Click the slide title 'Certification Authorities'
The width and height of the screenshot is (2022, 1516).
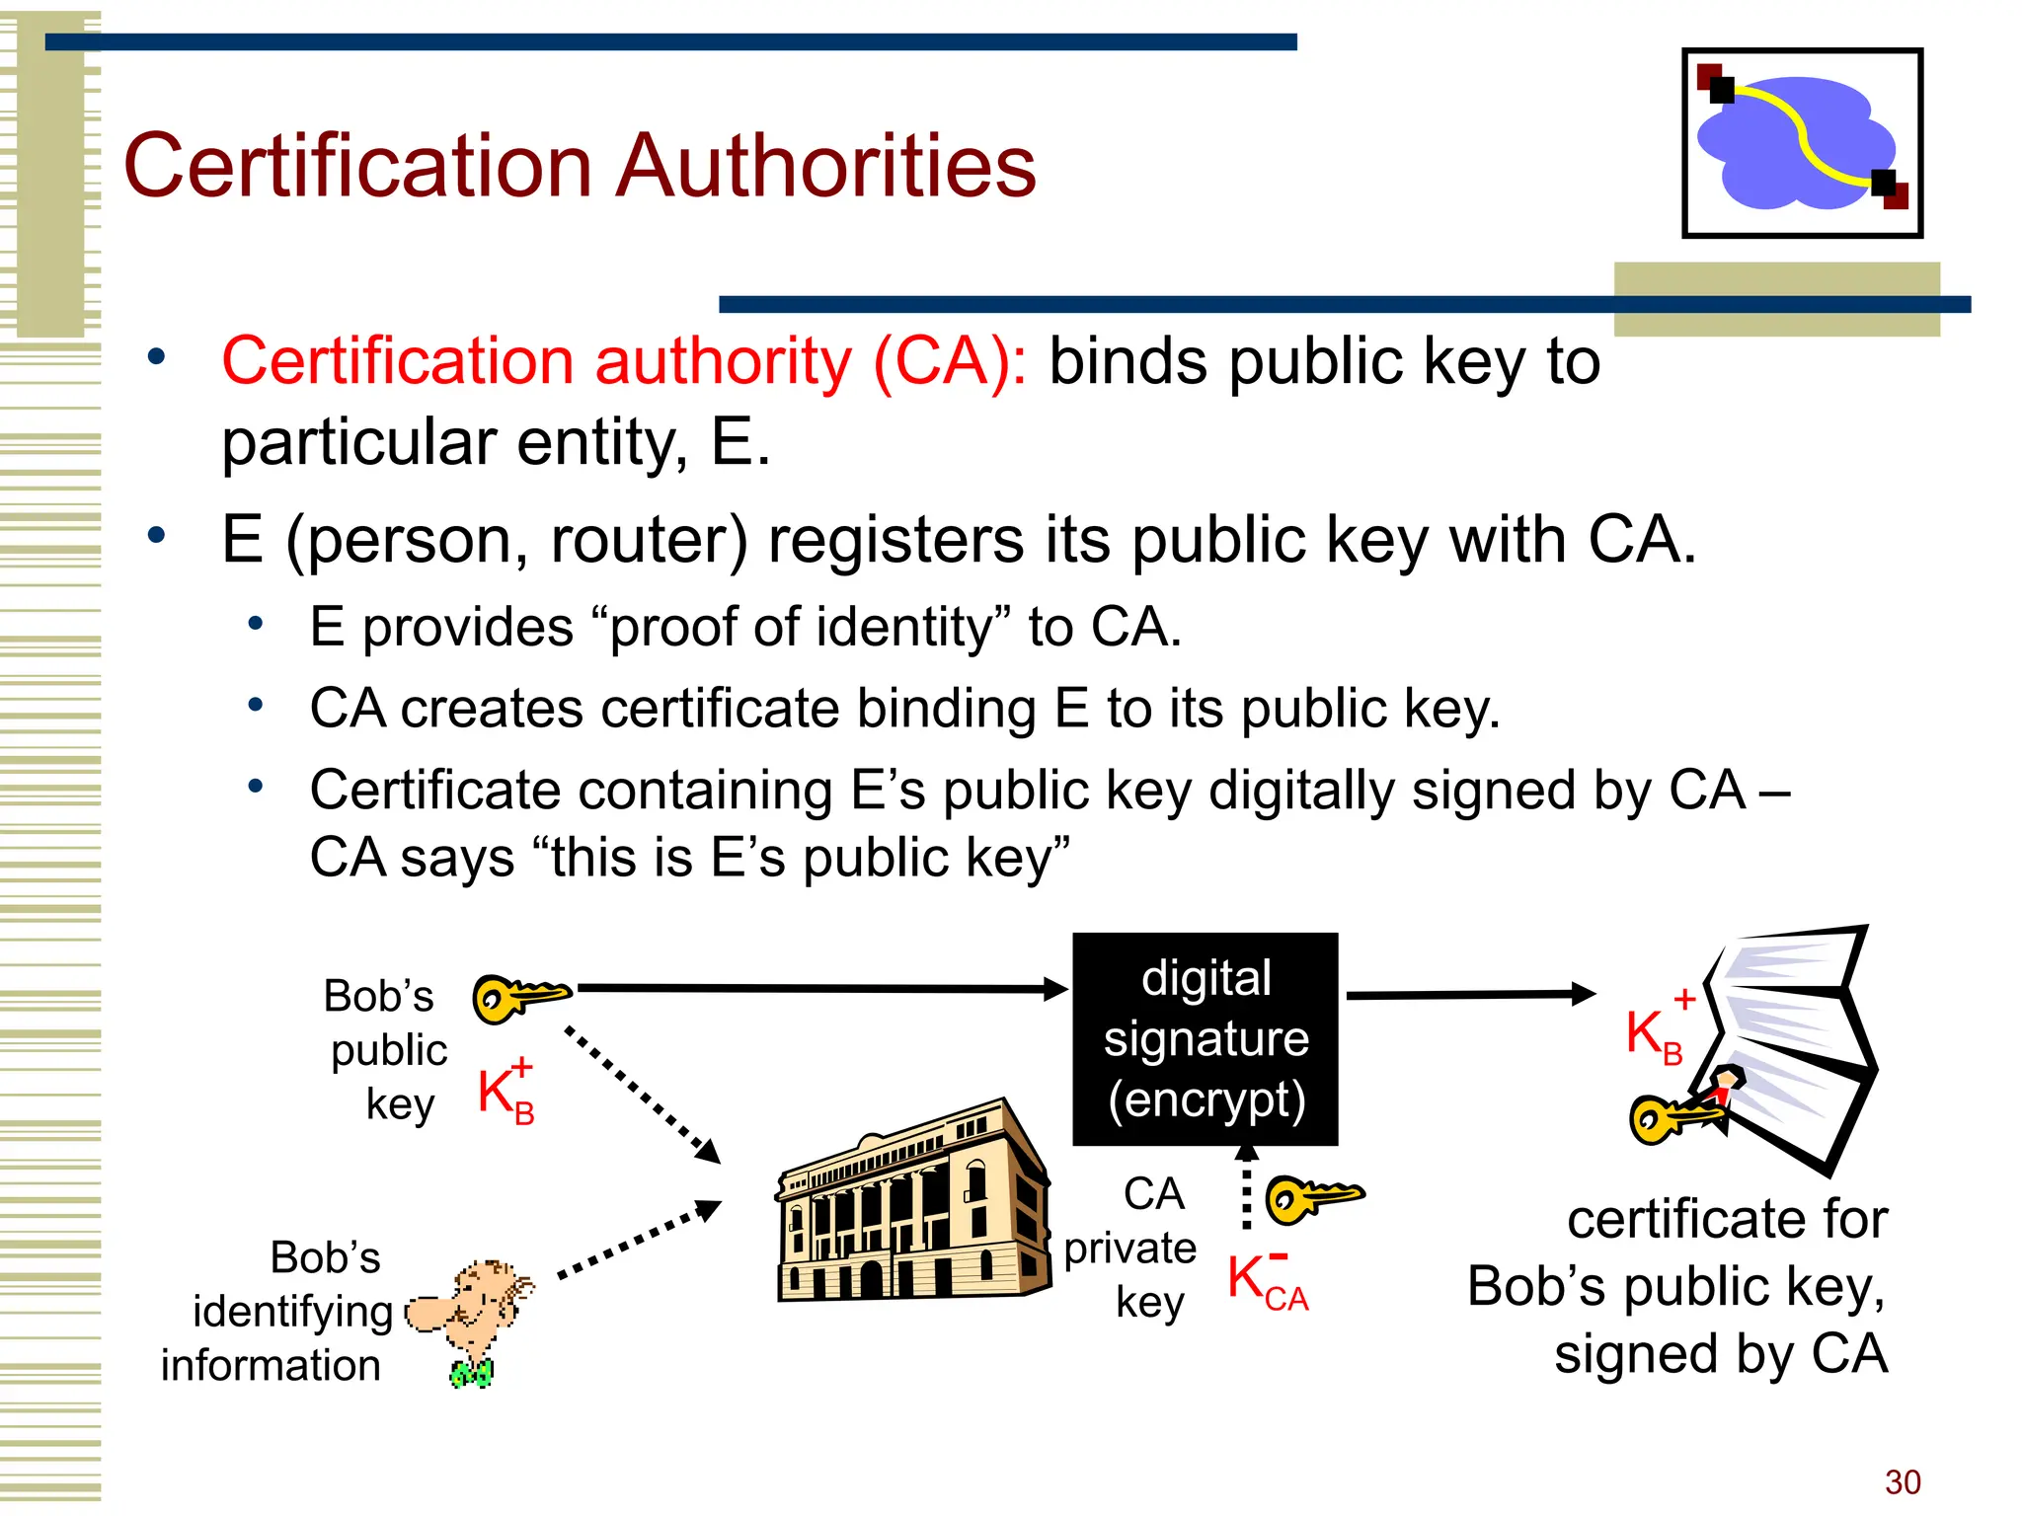580,165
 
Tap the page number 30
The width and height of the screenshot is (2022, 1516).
1902,1481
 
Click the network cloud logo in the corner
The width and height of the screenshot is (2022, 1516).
1802,143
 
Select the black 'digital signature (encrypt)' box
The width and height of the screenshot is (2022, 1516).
1205,1038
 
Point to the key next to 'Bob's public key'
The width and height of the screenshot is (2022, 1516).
519,996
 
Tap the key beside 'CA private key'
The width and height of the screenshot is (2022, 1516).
1313,1198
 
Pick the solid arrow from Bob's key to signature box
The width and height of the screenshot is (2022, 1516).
819,988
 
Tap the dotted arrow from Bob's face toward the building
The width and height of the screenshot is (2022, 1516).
640,1239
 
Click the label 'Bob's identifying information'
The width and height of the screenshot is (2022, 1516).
280,1312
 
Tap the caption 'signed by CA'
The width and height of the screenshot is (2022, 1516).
1720,1353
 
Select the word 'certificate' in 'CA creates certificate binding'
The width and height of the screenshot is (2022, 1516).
720,709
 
